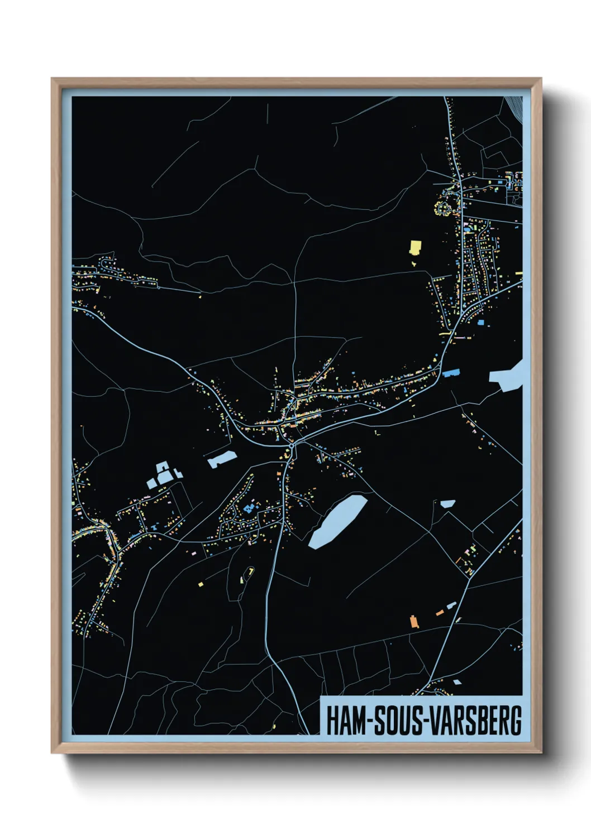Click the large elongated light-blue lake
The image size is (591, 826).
pyautogui.click(x=337, y=521)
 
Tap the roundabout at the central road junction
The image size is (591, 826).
pyautogui.click(x=291, y=446)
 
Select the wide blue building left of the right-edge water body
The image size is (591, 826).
pyautogui.click(x=451, y=372)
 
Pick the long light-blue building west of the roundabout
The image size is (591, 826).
pyautogui.click(x=221, y=459)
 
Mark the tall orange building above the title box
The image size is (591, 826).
pyautogui.click(x=414, y=621)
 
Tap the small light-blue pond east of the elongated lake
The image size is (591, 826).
pyautogui.click(x=447, y=503)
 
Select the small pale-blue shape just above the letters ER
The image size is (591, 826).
pyautogui.click(x=457, y=681)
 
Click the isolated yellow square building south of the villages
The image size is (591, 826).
pyautogui.click(x=201, y=584)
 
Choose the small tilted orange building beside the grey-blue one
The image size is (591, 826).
pyautogui.click(x=440, y=612)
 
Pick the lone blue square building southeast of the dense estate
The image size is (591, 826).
pyautogui.click(x=480, y=322)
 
